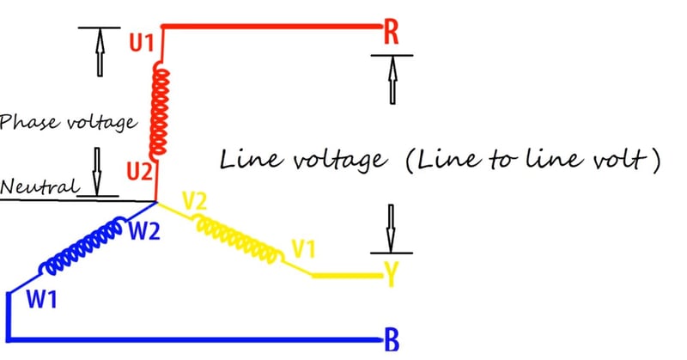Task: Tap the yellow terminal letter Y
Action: [x=391, y=275]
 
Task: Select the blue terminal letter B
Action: [x=391, y=340]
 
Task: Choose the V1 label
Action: [x=302, y=250]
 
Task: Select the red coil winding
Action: [x=161, y=107]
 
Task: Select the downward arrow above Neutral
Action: [x=98, y=168]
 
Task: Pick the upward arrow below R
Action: [x=391, y=79]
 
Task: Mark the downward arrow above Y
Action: [x=391, y=226]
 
